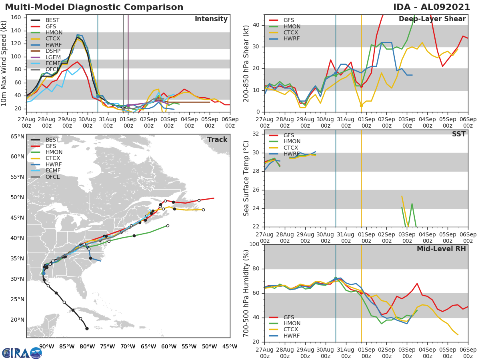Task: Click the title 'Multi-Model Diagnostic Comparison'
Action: (94, 7)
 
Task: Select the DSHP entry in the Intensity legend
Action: (53, 51)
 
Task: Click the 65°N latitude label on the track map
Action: (17, 136)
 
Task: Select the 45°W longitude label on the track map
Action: (230, 346)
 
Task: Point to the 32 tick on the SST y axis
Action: (256, 134)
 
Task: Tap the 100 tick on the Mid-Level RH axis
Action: (254, 244)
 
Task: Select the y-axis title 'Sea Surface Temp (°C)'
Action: (246, 178)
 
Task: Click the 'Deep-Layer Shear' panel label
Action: (432, 19)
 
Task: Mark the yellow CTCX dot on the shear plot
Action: (361, 106)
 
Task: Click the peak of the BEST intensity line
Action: (78, 37)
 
